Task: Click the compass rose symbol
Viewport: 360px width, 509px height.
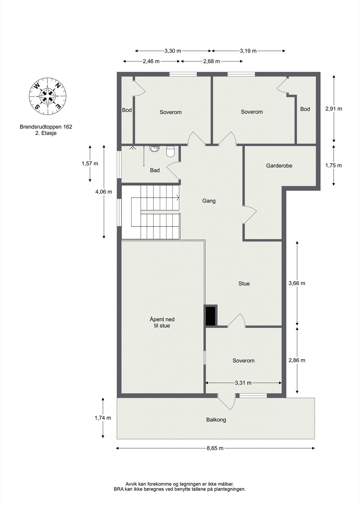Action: click(x=48, y=96)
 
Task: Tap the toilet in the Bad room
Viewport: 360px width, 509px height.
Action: click(x=170, y=152)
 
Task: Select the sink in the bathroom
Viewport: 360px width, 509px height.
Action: click(x=155, y=149)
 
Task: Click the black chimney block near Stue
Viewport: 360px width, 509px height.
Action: click(x=210, y=316)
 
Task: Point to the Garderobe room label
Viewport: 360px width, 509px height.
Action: click(x=279, y=166)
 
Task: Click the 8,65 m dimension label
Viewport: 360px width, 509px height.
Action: click(x=215, y=448)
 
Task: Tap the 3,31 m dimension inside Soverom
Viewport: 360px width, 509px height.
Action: click(x=243, y=383)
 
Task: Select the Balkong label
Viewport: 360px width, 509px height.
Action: click(x=216, y=420)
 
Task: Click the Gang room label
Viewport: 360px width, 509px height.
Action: click(x=209, y=201)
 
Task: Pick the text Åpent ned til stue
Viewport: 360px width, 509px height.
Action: click(x=162, y=322)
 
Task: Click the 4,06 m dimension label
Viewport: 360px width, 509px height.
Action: click(x=104, y=192)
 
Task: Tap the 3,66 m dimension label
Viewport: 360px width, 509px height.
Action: click(x=297, y=283)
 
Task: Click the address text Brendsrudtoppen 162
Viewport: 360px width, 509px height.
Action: click(x=46, y=127)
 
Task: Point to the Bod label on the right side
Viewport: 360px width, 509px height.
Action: click(x=305, y=109)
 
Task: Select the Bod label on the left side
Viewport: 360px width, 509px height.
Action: click(x=127, y=110)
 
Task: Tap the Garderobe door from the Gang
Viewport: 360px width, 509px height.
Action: click(x=250, y=215)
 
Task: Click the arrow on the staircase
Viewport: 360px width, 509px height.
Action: click(x=176, y=198)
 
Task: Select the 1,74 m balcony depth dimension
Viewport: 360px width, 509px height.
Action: click(x=103, y=418)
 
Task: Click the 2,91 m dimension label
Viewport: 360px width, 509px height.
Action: click(x=334, y=108)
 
